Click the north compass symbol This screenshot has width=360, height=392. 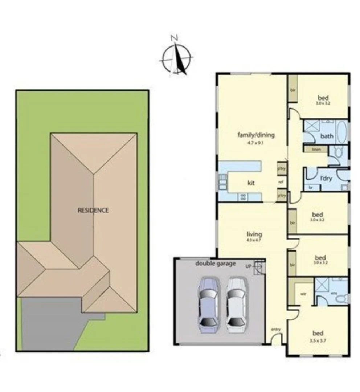(176, 58)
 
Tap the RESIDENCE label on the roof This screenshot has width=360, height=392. (93, 210)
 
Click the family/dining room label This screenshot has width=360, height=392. (256, 135)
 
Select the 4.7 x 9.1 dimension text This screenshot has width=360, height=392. (256, 143)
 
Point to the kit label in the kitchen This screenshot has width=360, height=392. (250, 183)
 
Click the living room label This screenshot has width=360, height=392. (254, 234)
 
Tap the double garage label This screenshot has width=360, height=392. (216, 264)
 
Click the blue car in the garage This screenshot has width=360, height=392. (208, 305)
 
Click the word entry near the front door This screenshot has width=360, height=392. (276, 330)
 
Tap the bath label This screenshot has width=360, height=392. (327, 136)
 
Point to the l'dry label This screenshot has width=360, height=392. (324, 179)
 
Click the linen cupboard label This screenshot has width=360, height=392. (315, 149)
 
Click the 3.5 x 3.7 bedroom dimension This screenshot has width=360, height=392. (318, 341)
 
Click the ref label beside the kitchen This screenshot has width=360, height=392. (281, 182)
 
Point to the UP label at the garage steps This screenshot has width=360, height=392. (249, 266)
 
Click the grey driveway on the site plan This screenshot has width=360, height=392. (51, 323)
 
